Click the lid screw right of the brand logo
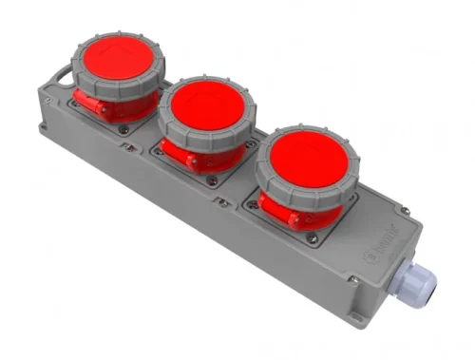pos(406,211)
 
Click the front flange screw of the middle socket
pos(213,180)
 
